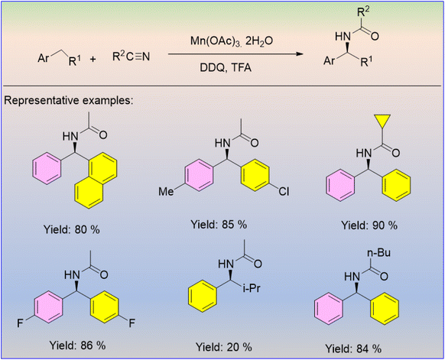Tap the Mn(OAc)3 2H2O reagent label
click(232, 41)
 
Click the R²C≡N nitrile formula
click(131, 57)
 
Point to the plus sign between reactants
click(93, 60)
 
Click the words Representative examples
click(69, 101)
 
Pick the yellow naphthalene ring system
click(96, 180)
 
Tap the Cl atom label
click(284, 192)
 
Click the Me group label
click(166, 192)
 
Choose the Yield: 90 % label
click(369, 225)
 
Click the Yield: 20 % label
click(223, 347)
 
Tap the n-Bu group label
click(378, 252)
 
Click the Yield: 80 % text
click(72, 229)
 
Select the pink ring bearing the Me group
click(199, 178)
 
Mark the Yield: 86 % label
click(77, 345)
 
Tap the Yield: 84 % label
click(353, 349)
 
